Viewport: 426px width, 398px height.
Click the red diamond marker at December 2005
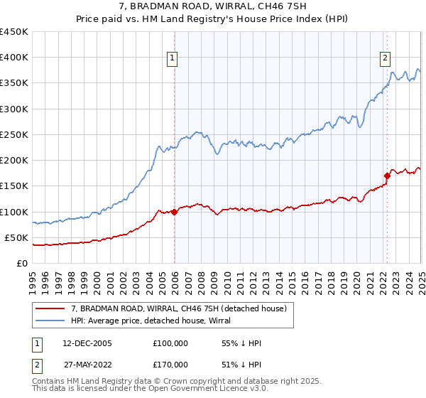coord(174,212)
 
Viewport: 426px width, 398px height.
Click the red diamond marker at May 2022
coord(387,176)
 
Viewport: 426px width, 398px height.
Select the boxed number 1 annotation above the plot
coord(173,59)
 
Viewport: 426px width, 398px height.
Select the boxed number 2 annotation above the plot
coord(384,59)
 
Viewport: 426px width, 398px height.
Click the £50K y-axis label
coord(16,237)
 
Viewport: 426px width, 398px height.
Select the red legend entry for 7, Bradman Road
coord(178,308)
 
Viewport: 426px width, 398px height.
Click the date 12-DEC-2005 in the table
coord(87,343)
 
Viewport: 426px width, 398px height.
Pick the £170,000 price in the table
coord(170,365)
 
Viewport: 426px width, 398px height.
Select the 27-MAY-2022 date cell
coord(87,365)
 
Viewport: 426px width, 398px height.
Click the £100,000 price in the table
coord(170,343)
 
